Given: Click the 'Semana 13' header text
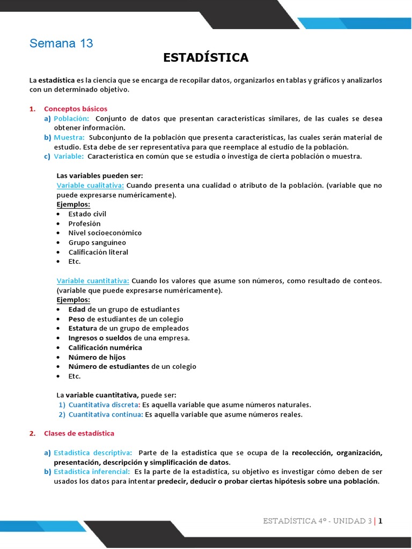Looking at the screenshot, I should coord(61,43).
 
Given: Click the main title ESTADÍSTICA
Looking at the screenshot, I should coord(205,58).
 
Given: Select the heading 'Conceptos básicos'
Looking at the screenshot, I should coord(76,108).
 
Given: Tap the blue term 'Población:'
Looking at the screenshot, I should coord(71,118).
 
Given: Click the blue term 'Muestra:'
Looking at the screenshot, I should coord(69,137).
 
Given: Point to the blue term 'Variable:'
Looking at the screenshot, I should coord(69,157).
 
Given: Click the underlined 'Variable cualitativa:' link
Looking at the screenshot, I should coord(90,186).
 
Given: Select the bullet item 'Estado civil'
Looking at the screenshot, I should coord(87,214).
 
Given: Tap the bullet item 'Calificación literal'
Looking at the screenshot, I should coord(98,252).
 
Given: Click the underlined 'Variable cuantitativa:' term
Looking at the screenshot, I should coord(93,280).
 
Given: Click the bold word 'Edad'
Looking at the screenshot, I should coord(77,309).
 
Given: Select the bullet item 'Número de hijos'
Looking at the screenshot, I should coord(97,357).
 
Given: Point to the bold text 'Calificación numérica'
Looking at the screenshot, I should coord(105,347).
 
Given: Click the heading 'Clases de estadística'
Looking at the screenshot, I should coord(79,433).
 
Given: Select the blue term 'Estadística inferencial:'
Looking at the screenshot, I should coord(92,471).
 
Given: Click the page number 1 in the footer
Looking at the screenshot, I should coord(380,521).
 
